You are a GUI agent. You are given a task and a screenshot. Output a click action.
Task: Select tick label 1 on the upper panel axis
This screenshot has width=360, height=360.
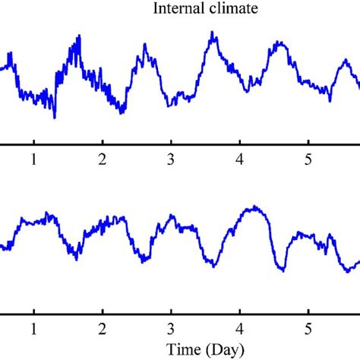coord(33,159)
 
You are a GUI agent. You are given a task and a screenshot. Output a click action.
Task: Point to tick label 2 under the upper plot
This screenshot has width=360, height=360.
coord(102,159)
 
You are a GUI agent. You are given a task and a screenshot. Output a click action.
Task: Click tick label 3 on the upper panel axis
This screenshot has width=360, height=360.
coord(171,159)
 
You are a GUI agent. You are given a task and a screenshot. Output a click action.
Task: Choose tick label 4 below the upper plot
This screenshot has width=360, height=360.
coord(239,159)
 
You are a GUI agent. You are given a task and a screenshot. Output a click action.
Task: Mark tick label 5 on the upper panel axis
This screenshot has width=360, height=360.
coord(308,159)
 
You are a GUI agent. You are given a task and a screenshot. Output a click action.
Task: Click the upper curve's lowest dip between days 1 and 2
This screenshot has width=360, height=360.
coord(55,117)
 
